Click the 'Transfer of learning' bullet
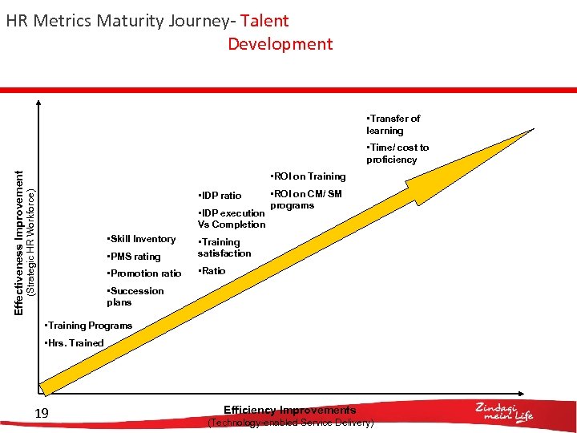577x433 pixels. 393,124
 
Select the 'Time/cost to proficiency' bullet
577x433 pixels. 397,153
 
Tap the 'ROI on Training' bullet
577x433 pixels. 308,176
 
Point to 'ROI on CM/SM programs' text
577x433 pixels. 305,200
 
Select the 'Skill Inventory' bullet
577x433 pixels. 141,239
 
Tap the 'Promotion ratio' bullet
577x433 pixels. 144,273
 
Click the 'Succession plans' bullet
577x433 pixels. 135,297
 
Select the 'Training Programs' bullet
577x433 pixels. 88,326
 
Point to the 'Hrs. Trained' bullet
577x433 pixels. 75,343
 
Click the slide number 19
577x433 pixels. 42,413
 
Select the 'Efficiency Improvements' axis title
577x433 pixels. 290,411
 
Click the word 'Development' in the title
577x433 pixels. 280,44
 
